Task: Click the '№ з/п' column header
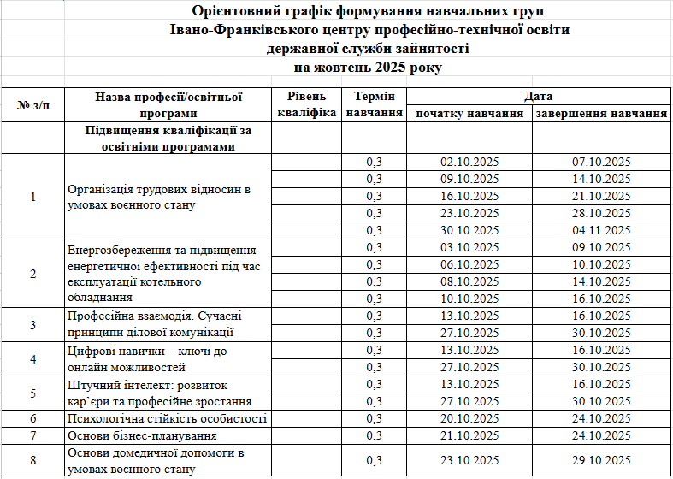click(33, 105)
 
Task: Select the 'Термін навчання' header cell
click(374, 105)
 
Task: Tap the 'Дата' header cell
click(539, 97)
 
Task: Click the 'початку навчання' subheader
click(469, 113)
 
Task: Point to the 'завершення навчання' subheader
click(601, 113)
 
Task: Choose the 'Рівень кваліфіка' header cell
click(304, 105)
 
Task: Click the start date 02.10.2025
click(469, 162)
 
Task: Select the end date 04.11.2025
click(601, 230)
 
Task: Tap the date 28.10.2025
click(601, 213)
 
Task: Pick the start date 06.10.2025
click(469, 264)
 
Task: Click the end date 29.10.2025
click(601, 461)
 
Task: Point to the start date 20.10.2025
click(469, 418)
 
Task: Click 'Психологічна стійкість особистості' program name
click(167, 418)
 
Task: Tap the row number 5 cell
click(33, 393)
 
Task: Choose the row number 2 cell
click(33, 273)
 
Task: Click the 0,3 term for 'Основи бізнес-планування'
click(374, 435)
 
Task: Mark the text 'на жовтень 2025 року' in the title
click(369, 67)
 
